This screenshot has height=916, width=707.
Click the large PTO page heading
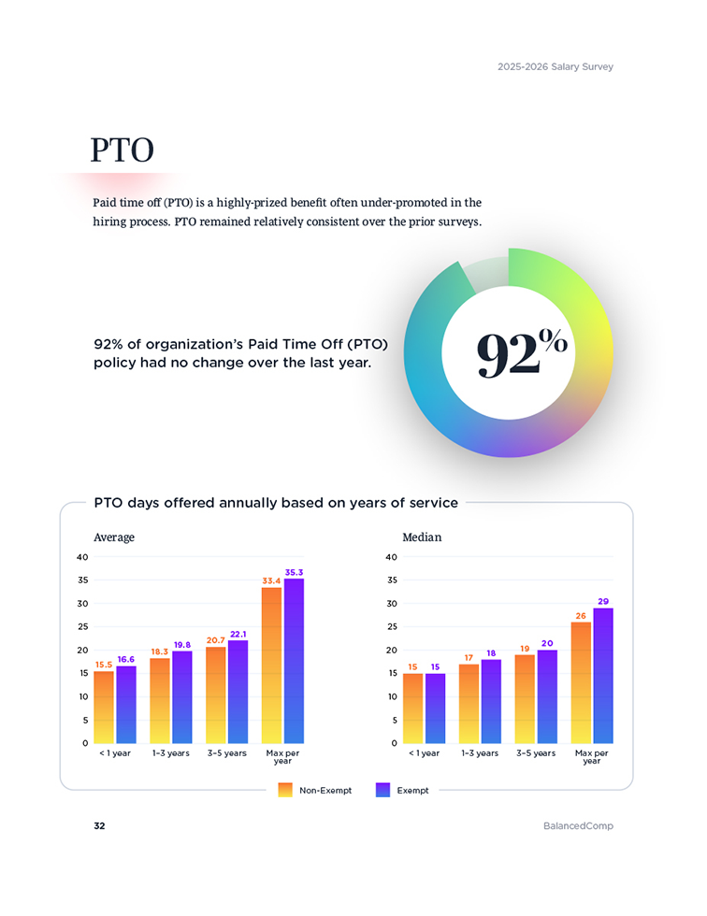coord(122,150)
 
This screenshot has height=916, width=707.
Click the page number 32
coord(99,826)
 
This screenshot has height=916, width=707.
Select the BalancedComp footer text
coord(578,826)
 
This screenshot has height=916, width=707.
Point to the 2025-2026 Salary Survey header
coord(555,67)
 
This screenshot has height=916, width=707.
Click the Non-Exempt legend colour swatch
coord(286,790)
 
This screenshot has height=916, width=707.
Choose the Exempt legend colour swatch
coord(382,790)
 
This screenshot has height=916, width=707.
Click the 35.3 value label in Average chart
coord(294,572)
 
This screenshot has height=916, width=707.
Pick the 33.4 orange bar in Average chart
coord(272,664)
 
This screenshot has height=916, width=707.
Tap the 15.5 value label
coord(104,665)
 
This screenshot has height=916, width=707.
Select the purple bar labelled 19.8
coord(182,696)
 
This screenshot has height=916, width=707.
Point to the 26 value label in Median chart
coord(581,616)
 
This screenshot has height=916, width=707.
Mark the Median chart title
coord(422,537)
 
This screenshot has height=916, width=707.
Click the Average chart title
coord(114,537)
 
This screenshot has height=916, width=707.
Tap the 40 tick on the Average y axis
coord(82,557)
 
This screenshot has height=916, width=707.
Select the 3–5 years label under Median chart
coord(536,752)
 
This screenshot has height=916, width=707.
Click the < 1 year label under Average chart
coord(115,752)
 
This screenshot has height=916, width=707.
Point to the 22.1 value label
coord(238,634)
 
